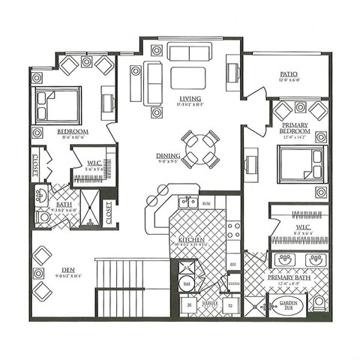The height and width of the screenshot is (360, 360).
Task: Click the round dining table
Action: click(199, 147)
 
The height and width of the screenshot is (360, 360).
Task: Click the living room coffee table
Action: click(188, 78)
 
